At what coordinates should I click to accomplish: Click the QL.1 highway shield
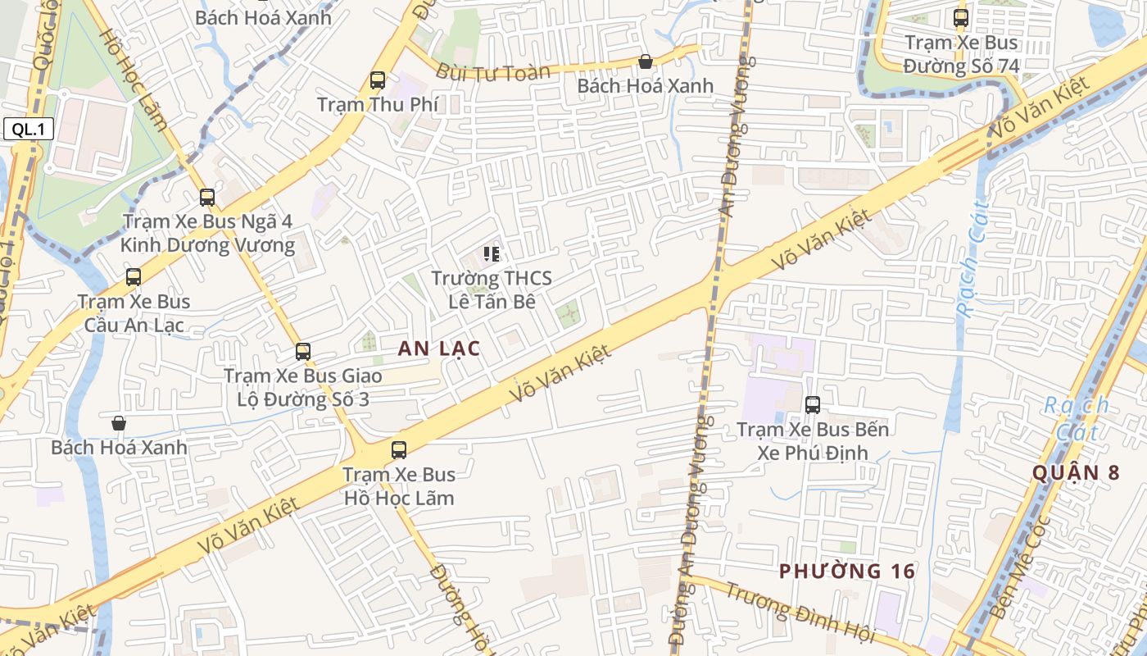[28, 129]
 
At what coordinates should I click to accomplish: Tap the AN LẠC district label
[439, 348]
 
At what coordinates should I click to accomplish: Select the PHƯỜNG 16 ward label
[846, 572]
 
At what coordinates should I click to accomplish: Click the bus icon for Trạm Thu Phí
[378, 80]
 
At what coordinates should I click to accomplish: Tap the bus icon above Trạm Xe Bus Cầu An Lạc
[134, 277]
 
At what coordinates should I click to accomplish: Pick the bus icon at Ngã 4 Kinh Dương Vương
[207, 198]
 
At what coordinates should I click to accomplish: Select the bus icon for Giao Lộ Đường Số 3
[303, 352]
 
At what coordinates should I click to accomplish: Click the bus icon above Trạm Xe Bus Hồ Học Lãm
[399, 450]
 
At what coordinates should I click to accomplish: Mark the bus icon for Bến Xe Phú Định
[813, 405]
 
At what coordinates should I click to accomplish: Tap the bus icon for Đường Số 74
[961, 18]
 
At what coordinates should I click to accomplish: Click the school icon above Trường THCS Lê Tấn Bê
[492, 254]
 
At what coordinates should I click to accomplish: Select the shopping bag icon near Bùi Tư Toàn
[646, 61]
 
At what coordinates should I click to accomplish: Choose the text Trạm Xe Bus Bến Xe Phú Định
[813, 441]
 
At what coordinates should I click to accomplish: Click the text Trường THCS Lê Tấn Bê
[492, 289]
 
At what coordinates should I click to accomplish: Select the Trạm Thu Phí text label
[378, 105]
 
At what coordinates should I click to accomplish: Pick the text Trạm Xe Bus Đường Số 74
[962, 54]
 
